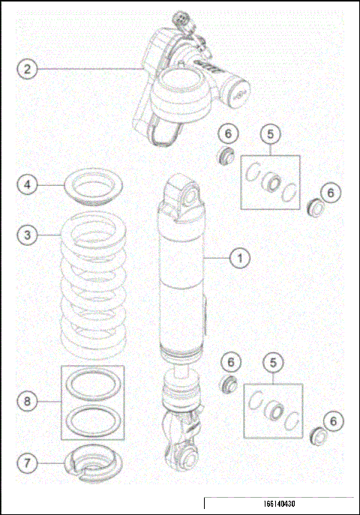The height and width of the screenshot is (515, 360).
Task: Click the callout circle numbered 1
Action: [240, 258]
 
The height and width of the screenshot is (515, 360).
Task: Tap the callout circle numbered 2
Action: [28, 69]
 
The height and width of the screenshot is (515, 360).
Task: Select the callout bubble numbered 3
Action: [28, 235]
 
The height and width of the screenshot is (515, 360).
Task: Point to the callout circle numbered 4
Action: [28, 184]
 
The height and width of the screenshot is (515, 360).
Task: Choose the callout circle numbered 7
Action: [28, 463]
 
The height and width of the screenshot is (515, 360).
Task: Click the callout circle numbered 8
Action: [28, 401]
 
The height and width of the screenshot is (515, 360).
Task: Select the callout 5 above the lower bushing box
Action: [273, 363]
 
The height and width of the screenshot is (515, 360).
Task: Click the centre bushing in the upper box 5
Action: [271, 183]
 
